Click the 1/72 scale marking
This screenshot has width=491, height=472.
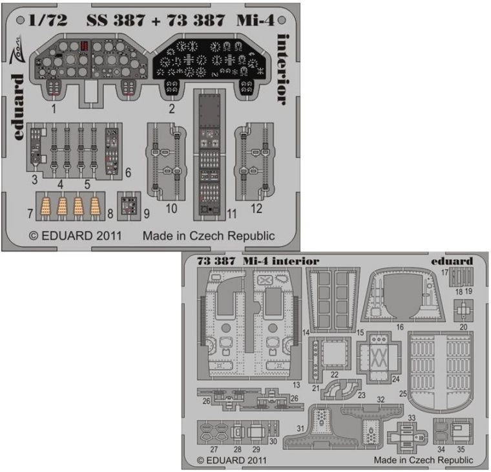[48, 21]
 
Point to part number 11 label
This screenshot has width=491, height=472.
[232, 214]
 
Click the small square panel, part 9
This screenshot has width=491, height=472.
[129, 206]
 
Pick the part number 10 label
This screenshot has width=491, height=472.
[172, 208]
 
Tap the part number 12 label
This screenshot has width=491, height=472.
[256, 208]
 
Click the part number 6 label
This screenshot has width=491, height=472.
[128, 173]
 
